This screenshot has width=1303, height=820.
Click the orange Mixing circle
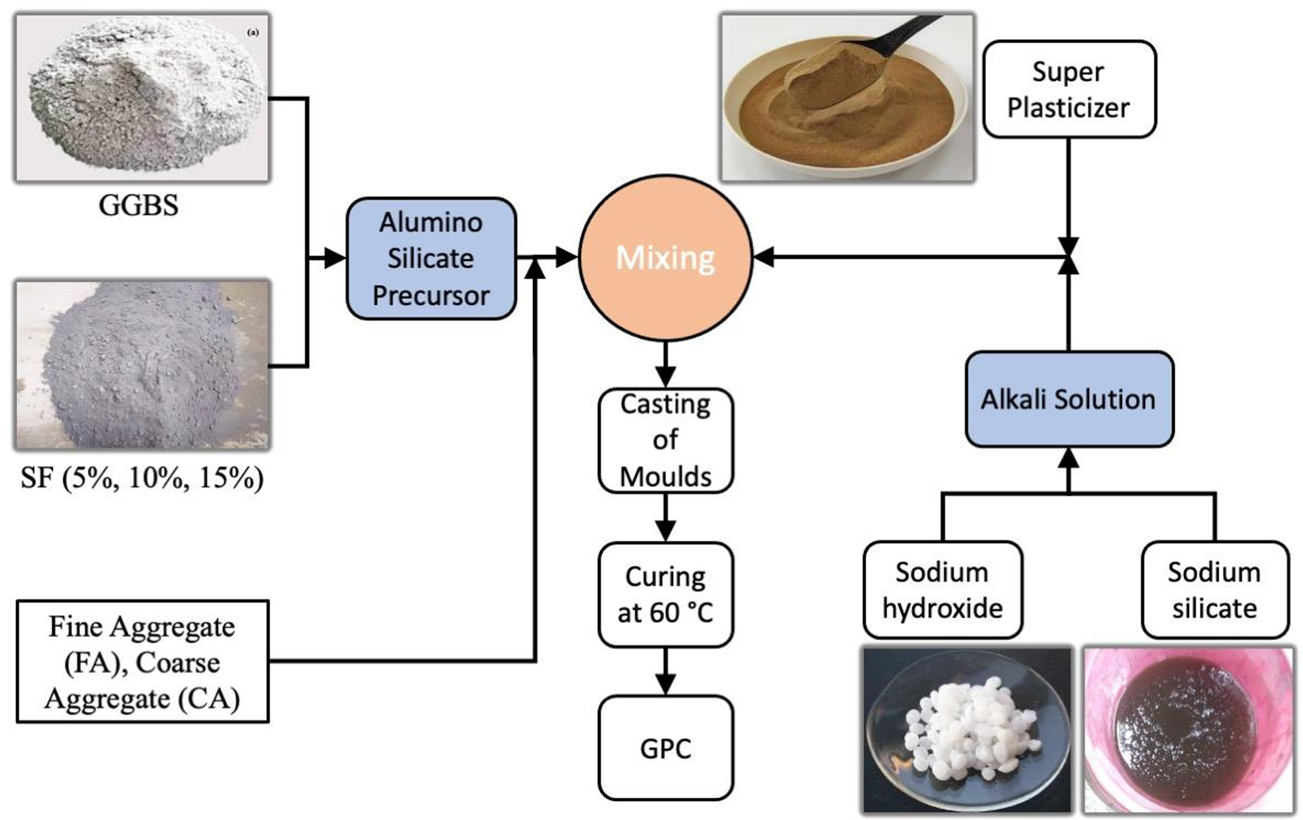tap(665, 258)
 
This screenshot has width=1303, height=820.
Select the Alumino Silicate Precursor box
tap(431, 259)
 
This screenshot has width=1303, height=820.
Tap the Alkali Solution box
tap(1068, 399)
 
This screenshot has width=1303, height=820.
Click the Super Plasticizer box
tap(1068, 90)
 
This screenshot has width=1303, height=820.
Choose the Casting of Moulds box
tap(665, 440)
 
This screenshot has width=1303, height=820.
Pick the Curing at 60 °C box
tap(665, 594)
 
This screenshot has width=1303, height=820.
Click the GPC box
tap(665, 748)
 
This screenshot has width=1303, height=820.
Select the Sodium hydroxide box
tap(942, 590)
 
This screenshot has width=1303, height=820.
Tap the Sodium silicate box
tap(1214, 590)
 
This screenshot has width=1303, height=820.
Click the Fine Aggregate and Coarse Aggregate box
tap(143, 661)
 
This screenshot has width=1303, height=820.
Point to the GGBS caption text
tap(138, 205)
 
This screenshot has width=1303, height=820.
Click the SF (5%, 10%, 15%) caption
tap(142, 478)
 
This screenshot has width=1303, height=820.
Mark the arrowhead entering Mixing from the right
tap(763, 257)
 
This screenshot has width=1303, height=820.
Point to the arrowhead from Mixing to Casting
tap(665, 377)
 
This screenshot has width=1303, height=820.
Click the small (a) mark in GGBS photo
tap(253, 32)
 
